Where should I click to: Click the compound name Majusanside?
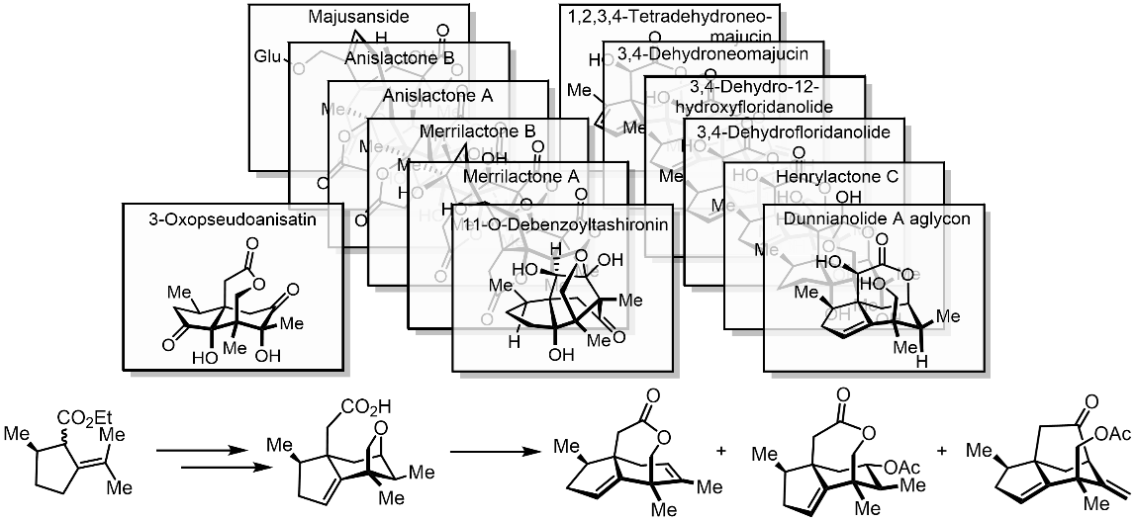click(x=358, y=18)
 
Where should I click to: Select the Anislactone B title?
click(x=399, y=58)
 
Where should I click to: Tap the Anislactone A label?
click(x=437, y=96)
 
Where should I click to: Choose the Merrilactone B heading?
click(x=478, y=131)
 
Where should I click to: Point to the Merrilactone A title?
click(x=519, y=175)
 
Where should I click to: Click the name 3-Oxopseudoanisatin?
click(x=233, y=219)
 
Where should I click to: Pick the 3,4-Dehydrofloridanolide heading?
click(x=794, y=131)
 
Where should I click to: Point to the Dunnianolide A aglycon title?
click(x=876, y=219)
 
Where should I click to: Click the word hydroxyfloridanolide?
click(x=753, y=107)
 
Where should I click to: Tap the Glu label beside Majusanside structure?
click(x=267, y=55)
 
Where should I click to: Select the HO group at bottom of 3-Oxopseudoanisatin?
click(x=206, y=357)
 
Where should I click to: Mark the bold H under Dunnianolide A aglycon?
click(x=921, y=361)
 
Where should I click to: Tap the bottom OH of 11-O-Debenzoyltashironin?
click(x=560, y=355)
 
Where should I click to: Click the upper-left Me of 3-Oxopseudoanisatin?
click(x=178, y=293)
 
